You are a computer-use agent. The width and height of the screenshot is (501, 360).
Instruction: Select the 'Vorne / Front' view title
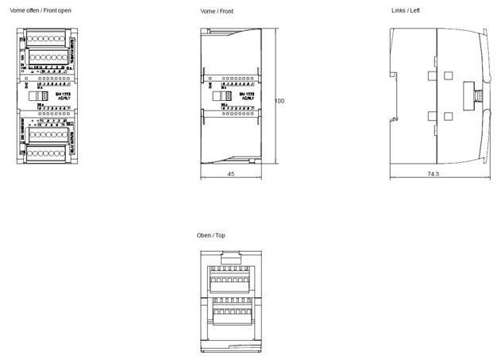point(217,11)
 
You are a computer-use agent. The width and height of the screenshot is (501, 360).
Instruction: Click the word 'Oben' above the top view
point(204,236)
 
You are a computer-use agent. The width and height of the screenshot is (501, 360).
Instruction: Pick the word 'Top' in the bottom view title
point(220,236)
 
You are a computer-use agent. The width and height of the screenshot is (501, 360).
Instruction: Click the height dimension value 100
point(279,102)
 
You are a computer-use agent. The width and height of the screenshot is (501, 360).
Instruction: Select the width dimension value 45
point(230,174)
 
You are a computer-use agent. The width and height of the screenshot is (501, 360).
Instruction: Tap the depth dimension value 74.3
point(434,173)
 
